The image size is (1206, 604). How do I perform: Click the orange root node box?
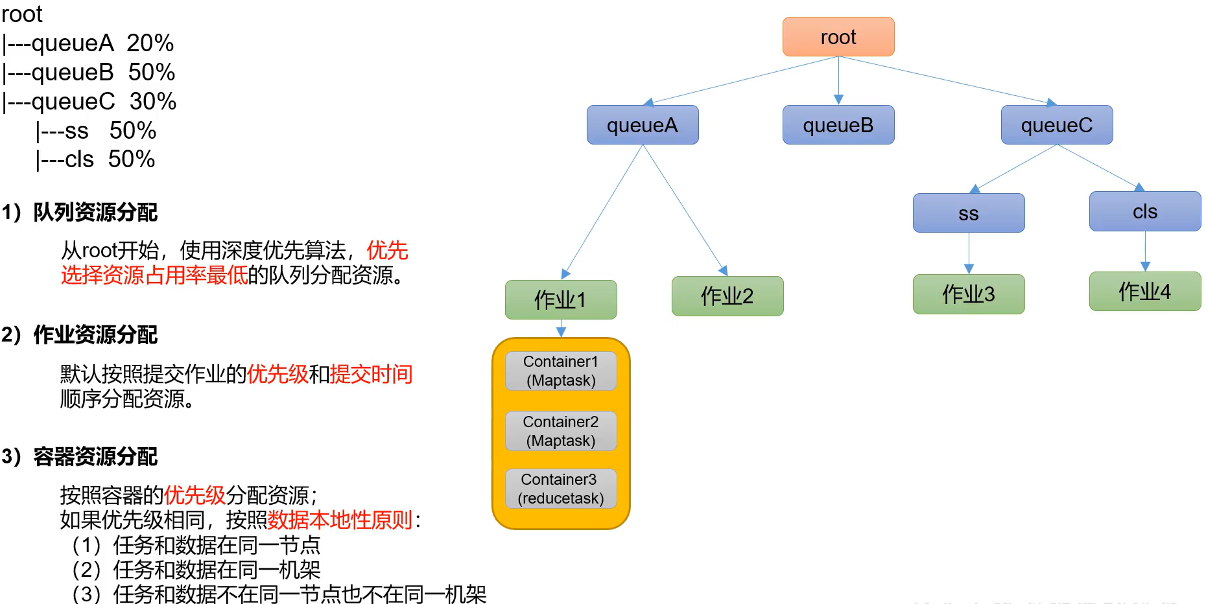(838, 37)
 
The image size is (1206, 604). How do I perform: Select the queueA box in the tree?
(643, 125)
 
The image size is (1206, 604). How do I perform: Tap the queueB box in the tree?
(838, 125)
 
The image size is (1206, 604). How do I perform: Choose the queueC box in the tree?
(1057, 125)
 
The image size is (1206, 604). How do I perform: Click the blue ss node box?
(969, 213)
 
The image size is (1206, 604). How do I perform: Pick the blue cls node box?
(1145, 211)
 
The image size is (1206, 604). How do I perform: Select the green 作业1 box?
(561, 299)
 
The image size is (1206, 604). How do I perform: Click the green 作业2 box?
(727, 296)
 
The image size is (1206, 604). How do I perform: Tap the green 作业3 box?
(969, 294)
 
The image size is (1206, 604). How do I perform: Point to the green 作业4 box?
(1145, 292)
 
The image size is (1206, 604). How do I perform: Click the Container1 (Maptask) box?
(561, 371)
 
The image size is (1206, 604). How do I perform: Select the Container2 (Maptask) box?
(561, 431)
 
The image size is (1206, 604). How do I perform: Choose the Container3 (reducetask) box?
(561, 489)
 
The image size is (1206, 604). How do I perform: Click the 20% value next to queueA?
(150, 43)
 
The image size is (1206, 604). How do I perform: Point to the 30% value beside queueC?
(153, 102)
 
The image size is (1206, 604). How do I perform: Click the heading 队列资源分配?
(95, 212)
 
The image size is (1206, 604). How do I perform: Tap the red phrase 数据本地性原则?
(340, 520)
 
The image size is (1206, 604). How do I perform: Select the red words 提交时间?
(372, 374)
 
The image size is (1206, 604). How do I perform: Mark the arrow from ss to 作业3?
(969, 253)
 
